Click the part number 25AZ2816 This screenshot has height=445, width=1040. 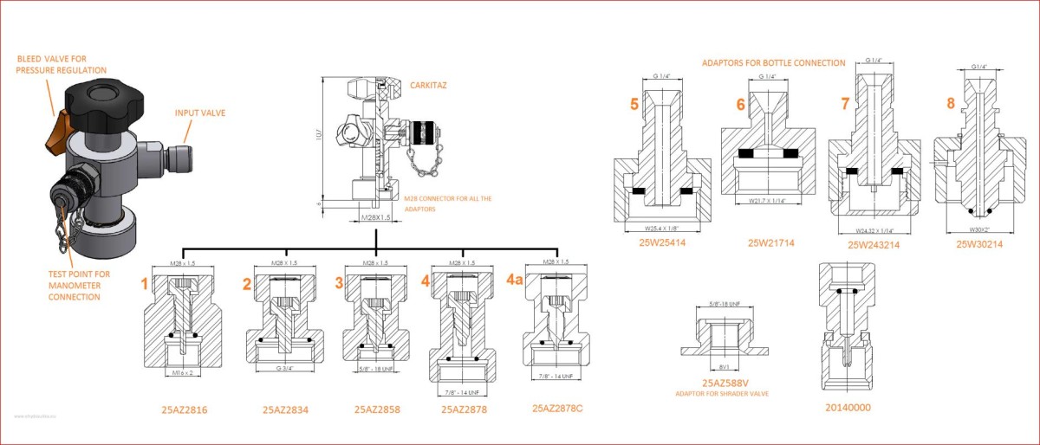tap(185, 409)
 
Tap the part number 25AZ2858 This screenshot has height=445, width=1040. tap(377, 409)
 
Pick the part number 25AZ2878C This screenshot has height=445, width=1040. tap(558, 408)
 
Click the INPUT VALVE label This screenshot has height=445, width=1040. tap(203, 113)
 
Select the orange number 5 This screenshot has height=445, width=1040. tap(634, 104)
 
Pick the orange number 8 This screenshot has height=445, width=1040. tap(951, 103)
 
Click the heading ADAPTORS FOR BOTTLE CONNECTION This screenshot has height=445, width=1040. tap(773, 63)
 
